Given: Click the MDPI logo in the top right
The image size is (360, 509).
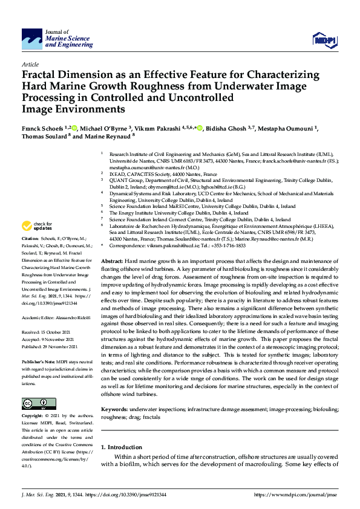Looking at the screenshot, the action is point(324,39).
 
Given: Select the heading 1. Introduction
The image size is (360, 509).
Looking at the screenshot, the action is point(123,447).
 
